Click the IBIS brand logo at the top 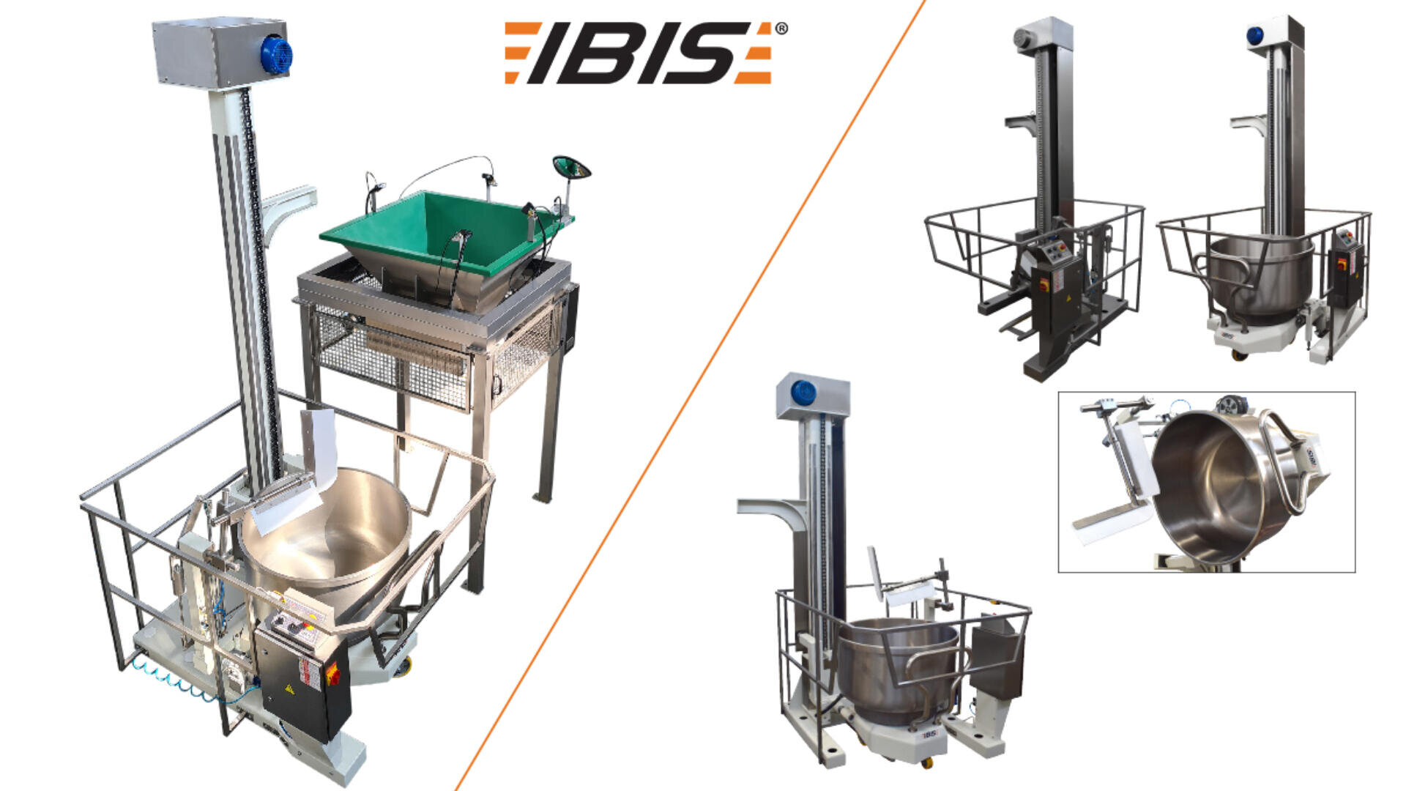tap(637, 53)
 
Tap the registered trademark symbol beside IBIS tap(781, 29)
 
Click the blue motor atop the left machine tap(276, 54)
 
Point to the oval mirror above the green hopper tap(571, 168)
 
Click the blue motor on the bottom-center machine tap(803, 393)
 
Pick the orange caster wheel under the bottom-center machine tap(927, 762)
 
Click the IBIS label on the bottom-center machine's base tap(929, 733)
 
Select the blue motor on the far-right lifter tap(1255, 34)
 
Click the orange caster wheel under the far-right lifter tap(1240, 356)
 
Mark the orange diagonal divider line tap(688, 395)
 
